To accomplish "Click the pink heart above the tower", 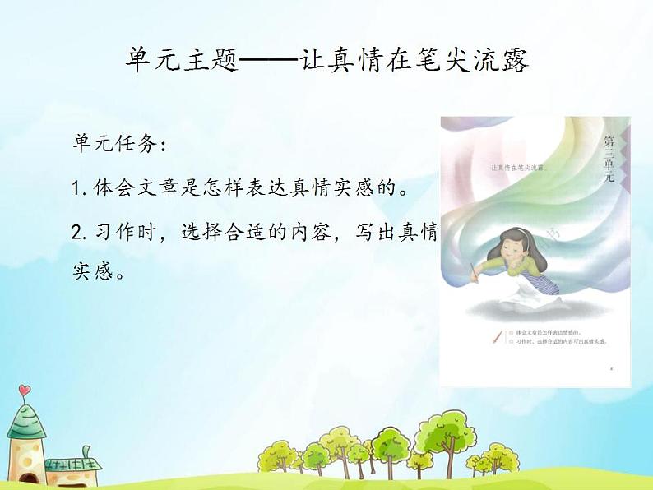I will [x=25, y=390].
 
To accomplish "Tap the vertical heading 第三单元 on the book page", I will [x=609, y=164].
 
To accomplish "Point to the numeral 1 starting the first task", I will [x=77, y=190].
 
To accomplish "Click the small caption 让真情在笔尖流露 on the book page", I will [x=519, y=168].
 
